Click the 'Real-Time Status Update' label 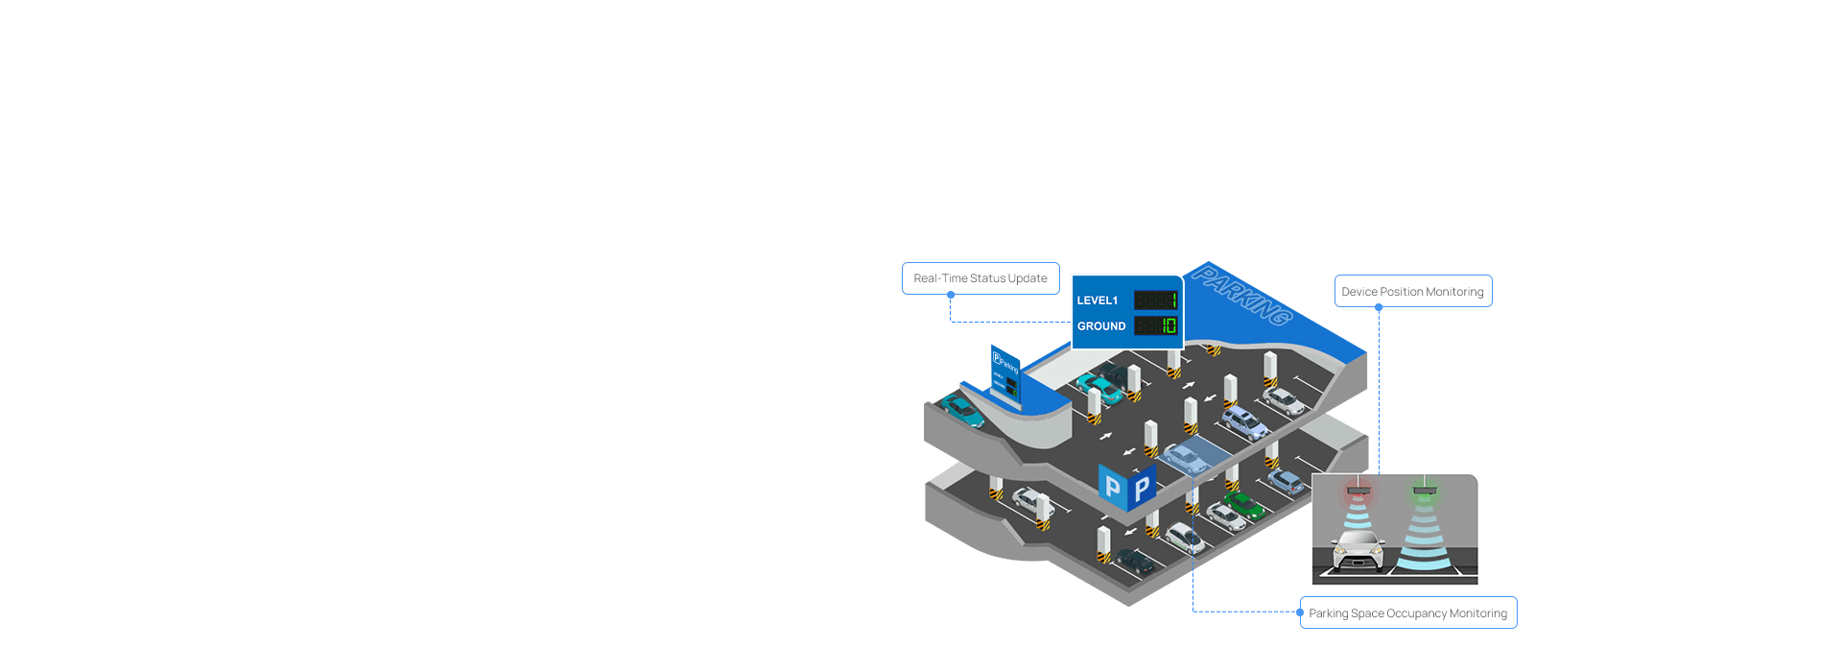pyautogui.click(x=980, y=278)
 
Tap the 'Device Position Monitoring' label pyautogui.click(x=1412, y=292)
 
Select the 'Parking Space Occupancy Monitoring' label pyautogui.click(x=1407, y=613)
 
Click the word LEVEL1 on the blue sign pyautogui.click(x=1097, y=300)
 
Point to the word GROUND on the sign pyautogui.click(x=1100, y=326)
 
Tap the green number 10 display pyautogui.click(x=1169, y=326)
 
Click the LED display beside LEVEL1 pyautogui.click(x=1156, y=300)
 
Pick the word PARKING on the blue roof pyautogui.click(x=1241, y=297)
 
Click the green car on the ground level pyautogui.click(x=1244, y=505)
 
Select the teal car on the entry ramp pyautogui.click(x=961, y=410)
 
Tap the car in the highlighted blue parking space pyautogui.click(x=1186, y=458)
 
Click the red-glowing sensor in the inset pyautogui.click(x=1358, y=492)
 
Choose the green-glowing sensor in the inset pyautogui.click(x=1425, y=492)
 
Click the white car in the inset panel pyautogui.click(x=1358, y=551)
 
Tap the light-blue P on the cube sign pyautogui.click(x=1112, y=488)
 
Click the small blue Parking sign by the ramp pyautogui.click(x=1005, y=374)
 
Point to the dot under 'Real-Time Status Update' pyautogui.click(x=951, y=296)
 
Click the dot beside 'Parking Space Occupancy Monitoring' pyautogui.click(x=1300, y=612)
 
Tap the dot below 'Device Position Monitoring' pyautogui.click(x=1379, y=308)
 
